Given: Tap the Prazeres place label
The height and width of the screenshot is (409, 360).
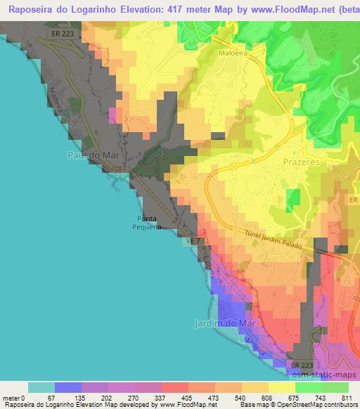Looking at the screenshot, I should [x=301, y=162].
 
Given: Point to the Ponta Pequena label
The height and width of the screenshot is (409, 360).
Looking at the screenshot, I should [x=148, y=223].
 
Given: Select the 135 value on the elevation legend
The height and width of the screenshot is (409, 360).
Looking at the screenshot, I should [x=82, y=399].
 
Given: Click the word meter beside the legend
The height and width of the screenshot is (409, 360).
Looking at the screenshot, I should [x=11, y=399].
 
